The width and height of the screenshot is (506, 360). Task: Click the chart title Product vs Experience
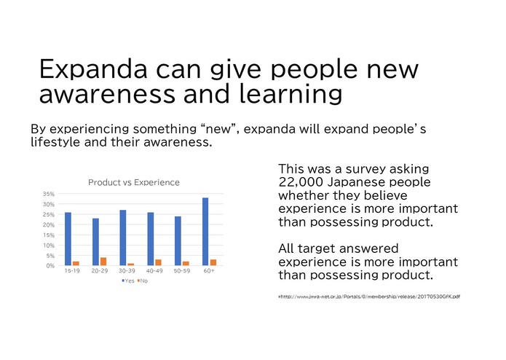133,182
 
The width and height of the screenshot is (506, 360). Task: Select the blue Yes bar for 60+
205,232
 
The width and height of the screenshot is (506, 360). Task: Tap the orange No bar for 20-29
103,262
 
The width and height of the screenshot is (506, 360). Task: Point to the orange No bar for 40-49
159,262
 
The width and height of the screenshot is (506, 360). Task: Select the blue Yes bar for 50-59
178,240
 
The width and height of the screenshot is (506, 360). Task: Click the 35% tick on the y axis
49,195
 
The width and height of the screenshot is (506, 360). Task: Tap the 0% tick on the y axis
50,266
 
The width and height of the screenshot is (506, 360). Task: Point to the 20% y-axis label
49,225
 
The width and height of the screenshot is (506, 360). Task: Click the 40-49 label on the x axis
154,271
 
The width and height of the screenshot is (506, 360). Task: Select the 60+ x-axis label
209,271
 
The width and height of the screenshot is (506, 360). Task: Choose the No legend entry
143,281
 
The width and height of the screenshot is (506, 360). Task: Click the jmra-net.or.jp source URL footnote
369,296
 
